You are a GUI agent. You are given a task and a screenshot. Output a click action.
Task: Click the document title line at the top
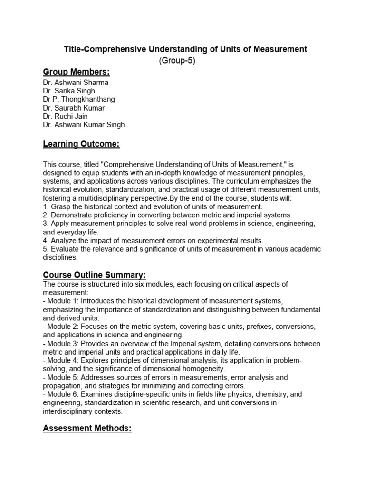186,49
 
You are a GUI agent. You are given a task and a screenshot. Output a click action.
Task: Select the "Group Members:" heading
76,72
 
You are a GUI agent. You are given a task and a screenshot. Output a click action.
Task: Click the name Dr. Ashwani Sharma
76,83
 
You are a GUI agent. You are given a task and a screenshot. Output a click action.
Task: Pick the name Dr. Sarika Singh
69,91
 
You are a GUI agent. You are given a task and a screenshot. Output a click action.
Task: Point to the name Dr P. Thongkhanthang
79,100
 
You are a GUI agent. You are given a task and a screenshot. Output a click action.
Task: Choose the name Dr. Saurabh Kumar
74,108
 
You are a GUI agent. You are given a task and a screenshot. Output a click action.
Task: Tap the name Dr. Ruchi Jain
65,117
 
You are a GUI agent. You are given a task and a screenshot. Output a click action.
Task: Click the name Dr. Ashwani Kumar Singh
84,125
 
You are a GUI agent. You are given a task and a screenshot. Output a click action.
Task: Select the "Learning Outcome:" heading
81,144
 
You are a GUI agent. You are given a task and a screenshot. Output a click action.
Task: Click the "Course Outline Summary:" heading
94,275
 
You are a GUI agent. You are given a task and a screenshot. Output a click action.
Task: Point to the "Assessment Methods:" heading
87,429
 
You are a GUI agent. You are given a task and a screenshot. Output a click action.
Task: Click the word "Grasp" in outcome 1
60,207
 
